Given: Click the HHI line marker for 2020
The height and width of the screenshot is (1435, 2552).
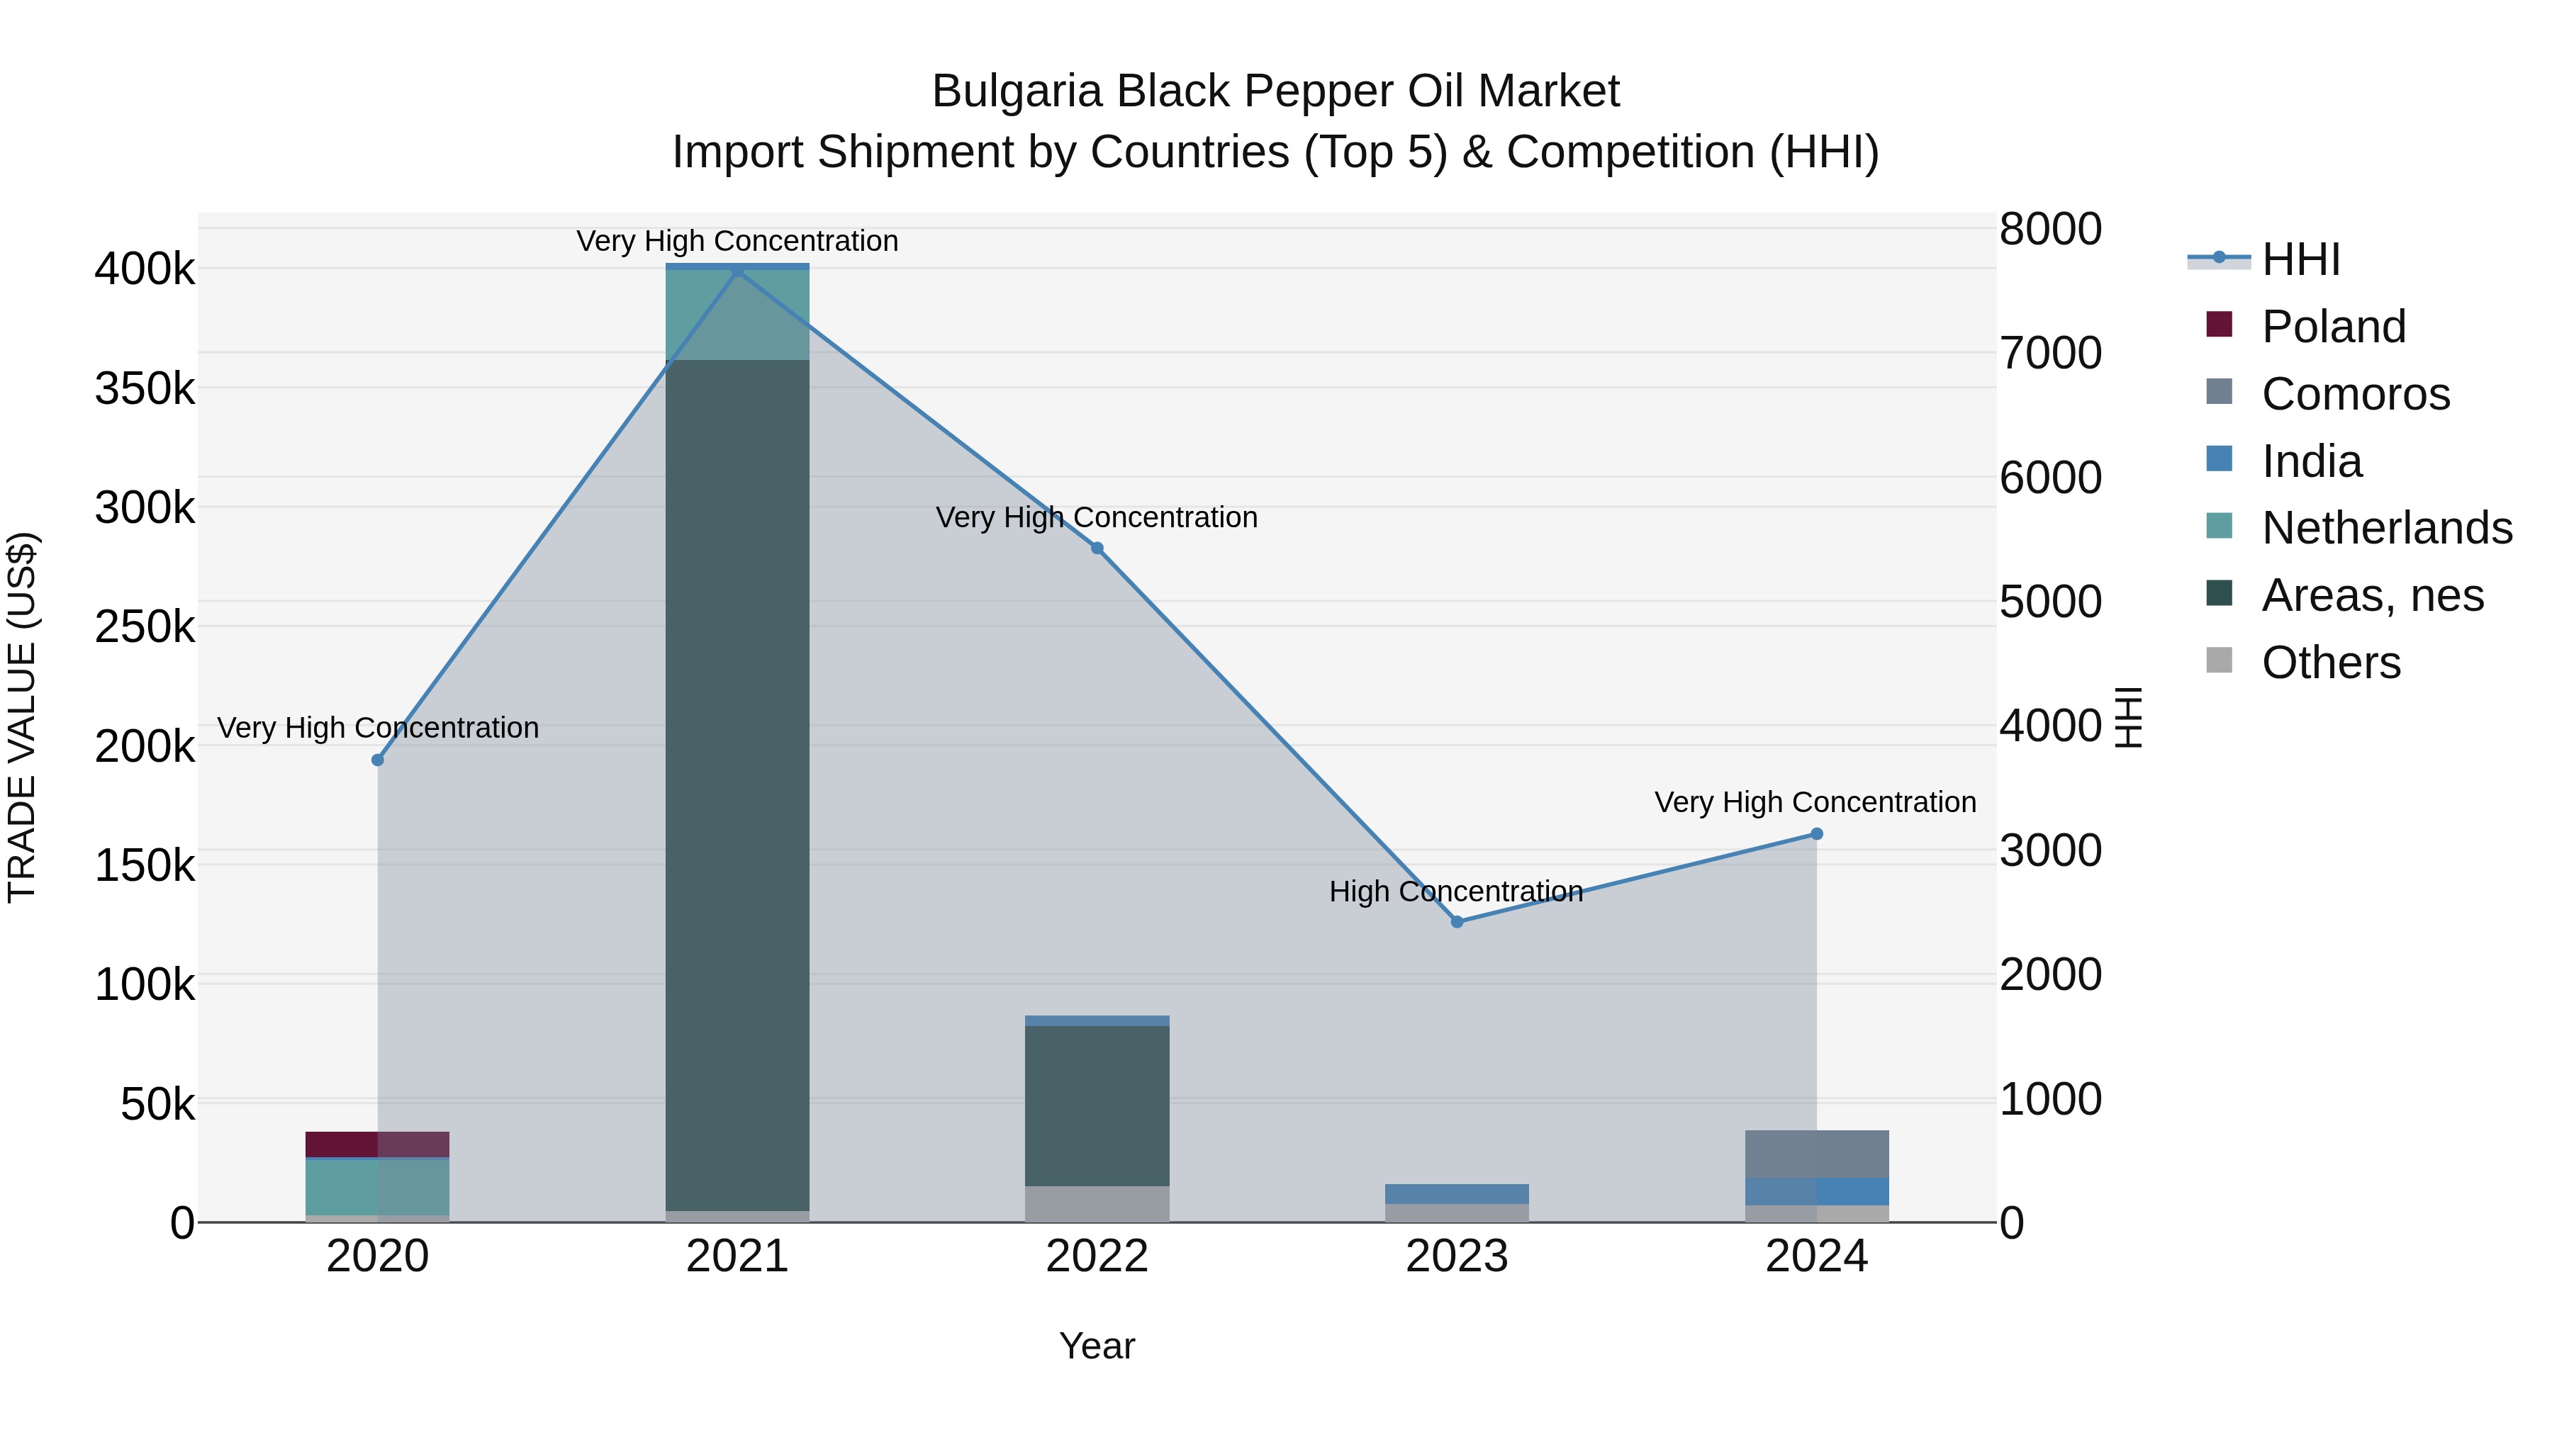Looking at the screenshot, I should coord(377,760).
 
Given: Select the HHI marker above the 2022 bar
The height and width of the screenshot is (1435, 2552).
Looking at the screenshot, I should coord(1097,548).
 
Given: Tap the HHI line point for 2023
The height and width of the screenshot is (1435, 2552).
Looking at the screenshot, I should coord(1456,921).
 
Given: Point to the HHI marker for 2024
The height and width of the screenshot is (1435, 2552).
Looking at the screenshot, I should coord(1816,834).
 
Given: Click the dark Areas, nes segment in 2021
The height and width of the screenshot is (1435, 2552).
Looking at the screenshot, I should coord(737,782).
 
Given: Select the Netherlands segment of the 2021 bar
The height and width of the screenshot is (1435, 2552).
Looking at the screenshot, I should coord(737,315).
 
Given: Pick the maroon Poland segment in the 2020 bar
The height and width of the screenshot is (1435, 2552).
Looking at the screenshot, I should coord(377,1144).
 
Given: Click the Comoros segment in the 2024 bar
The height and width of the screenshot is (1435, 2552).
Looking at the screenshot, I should coord(1816,1154).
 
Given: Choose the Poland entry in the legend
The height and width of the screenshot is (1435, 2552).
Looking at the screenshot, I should coord(2332,327).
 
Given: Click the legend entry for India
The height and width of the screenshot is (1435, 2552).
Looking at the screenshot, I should coord(2310,461).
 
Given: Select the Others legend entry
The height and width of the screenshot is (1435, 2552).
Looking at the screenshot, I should coord(2330,663).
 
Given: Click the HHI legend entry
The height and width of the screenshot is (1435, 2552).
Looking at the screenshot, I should coord(2300,259).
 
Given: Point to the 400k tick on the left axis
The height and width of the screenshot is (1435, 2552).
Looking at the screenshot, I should coord(145,269).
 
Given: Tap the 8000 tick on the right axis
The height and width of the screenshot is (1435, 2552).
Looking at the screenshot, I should coord(2049,229).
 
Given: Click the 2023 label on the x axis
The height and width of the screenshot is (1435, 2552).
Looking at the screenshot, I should coord(1456,1256).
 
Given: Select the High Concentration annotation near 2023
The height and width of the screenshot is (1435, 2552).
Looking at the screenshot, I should coord(1455,891).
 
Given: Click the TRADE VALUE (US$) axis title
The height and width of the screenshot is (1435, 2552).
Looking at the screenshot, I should coord(22,717).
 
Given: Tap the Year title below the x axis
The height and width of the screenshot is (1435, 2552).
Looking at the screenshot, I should coord(1097,1346).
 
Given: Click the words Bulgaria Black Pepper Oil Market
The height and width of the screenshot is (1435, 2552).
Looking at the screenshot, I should coord(1275,91).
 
